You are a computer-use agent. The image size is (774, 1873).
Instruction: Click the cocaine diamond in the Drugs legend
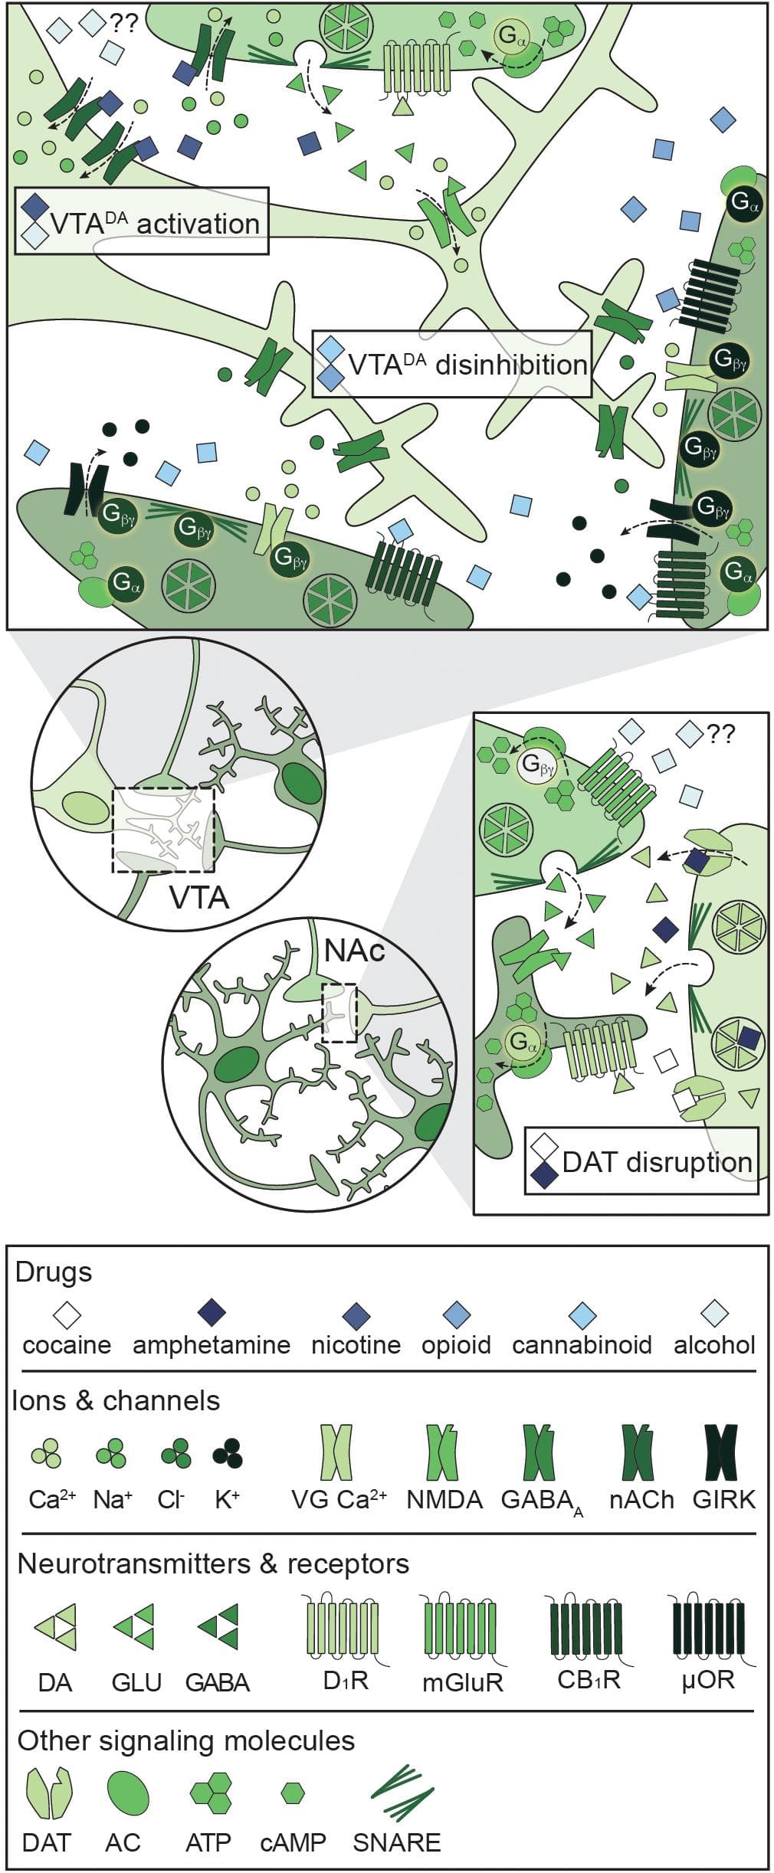point(67,1315)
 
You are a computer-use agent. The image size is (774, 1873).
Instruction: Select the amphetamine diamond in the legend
point(212,1315)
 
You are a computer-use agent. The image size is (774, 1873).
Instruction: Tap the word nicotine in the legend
point(356,1345)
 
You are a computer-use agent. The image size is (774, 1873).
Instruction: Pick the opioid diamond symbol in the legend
point(456,1315)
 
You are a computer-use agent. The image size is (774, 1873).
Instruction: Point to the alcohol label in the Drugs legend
point(714,1345)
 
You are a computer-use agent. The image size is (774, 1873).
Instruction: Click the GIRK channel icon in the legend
point(721,1452)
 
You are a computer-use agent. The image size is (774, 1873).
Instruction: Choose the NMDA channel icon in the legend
point(443,1452)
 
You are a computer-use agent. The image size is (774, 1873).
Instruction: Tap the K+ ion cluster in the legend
point(228,1452)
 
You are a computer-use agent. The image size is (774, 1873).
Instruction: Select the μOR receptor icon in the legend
point(707,1629)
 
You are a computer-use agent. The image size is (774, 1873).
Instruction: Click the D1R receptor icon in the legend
point(345,1629)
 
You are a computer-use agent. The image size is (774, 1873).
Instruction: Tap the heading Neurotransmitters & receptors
point(213,1564)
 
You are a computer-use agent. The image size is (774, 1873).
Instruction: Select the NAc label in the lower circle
point(354,951)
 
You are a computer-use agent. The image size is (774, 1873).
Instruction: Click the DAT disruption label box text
point(656,1162)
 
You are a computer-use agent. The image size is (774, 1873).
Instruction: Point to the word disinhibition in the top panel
point(511,365)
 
